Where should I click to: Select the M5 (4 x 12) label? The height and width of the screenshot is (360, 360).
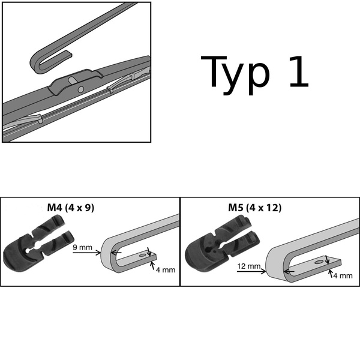[254, 208]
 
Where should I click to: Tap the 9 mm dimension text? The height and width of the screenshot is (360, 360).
[82, 247]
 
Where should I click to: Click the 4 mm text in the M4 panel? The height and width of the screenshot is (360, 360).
[166, 269]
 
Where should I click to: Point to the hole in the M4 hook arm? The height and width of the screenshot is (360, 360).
[142, 254]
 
